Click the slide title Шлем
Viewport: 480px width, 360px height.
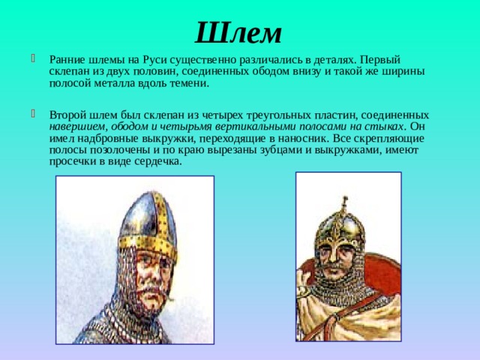238,32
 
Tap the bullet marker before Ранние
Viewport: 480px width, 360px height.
33,58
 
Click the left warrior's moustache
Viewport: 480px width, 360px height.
152,283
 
